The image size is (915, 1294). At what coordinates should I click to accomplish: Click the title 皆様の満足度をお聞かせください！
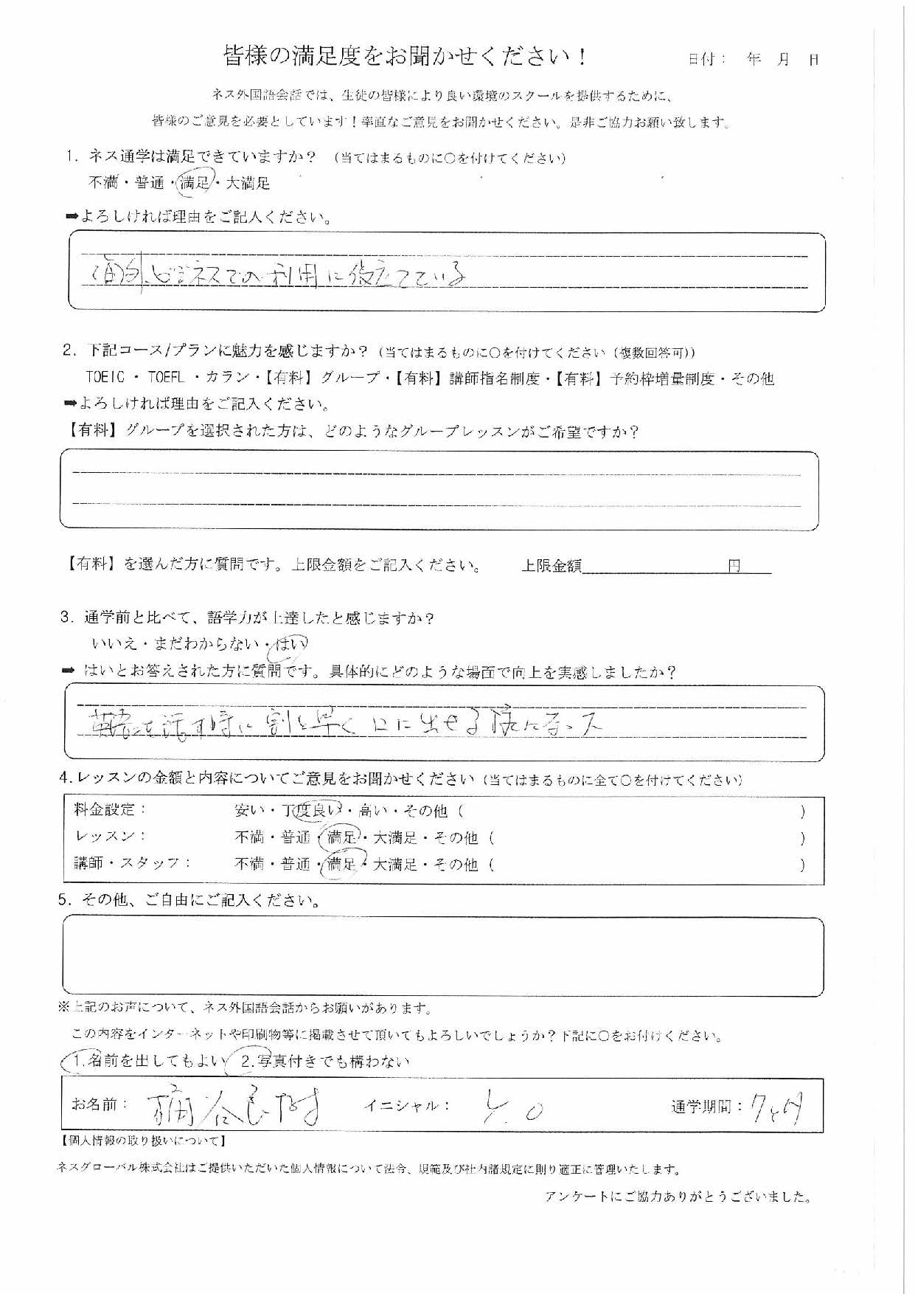pyautogui.click(x=406, y=57)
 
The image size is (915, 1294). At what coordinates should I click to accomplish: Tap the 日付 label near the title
pyautogui.click(x=705, y=60)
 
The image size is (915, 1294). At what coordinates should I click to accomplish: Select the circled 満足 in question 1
pyautogui.click(x=195, y=183)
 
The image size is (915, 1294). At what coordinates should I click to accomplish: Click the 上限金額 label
pyautogui.click(x=552, y=566)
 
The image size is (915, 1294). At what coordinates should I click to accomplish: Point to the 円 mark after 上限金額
pyautogui.click(x=734, y=566)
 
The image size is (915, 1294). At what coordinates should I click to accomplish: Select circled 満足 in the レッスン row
pyautogui.click(x=341, y=837)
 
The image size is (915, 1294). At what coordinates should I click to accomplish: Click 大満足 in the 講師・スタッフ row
pyautogui.click(x=396, y=864)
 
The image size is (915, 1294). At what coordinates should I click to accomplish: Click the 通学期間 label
pyautogui.click(x=705, y=1107)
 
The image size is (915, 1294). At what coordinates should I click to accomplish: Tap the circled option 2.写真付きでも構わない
pyautogui.click(x=324, y=1062)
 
